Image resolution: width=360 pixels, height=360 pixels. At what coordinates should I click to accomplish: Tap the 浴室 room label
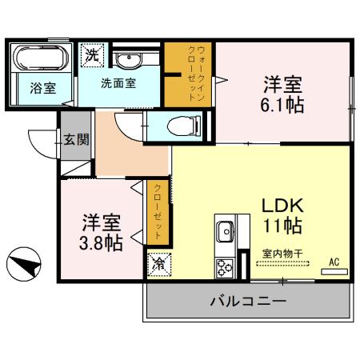[43, 88]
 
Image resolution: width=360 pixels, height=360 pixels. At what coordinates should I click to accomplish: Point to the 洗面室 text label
[118, 82]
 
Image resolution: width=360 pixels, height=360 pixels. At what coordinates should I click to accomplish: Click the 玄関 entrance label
[77, 139]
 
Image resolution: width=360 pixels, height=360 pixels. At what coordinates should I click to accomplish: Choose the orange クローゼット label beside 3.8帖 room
[158, 211]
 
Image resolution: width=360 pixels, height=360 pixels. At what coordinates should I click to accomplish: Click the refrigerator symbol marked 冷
[158, 262]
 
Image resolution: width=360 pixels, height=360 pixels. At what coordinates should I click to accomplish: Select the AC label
[334, 261]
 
